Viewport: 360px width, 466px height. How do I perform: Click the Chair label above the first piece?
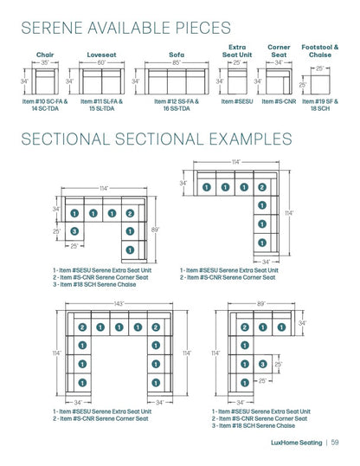[x=45, y=54]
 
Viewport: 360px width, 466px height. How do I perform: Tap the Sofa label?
[x=176, y=54]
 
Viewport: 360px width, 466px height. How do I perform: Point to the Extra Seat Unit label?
[x=237, y=50]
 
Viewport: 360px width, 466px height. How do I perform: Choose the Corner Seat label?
[x=279, y=50]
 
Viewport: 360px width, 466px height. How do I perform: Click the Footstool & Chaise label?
[x=319, y=50]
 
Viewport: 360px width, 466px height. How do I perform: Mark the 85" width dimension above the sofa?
[x=176, y=62]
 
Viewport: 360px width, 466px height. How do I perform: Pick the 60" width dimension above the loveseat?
[x=101, y=62]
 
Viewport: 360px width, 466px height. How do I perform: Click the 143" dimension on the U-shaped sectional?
[x=118, y=304]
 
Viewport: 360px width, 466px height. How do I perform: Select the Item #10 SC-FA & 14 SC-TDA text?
[x=45, y=105]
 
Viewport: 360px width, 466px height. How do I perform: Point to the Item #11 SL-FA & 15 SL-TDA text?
[x=102, y=105]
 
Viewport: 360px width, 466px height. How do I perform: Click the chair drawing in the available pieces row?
[x=45, y=82]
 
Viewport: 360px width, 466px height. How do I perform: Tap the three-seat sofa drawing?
[x=176, y=82]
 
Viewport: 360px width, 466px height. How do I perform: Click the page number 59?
[x=333, y=443]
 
